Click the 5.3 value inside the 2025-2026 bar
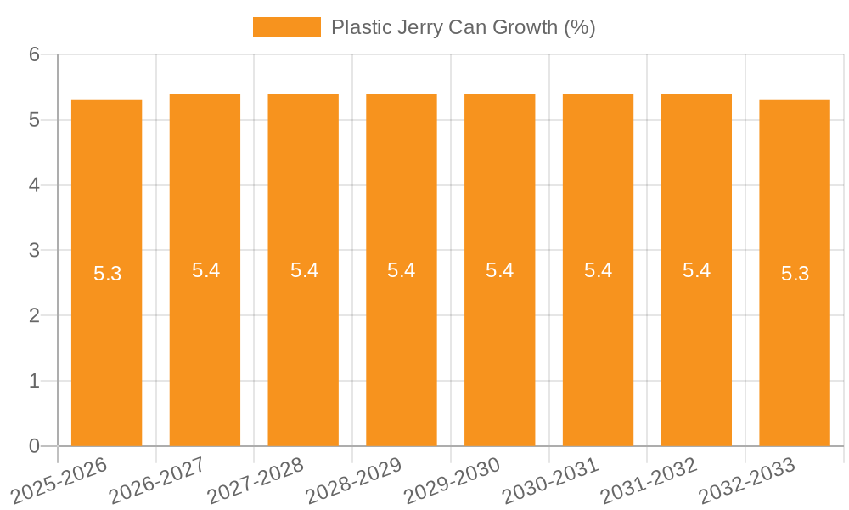pyautogui.click(x=107, y=274)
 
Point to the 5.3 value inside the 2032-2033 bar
pyautogui.click(x=795, y=274)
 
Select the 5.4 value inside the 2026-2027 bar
pyautogui.click(x=205, y=270)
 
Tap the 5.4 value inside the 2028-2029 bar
pyautogui.click(x=401, y=270)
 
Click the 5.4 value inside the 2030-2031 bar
pyautogui.click(x=598, y=270)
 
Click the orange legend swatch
pyautogui.click(x=286, y=27)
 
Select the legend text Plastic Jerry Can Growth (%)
pyautogui.click(x=463, y=27)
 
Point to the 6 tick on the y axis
pyautogui.click(x=34, y=54)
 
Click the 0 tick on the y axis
pyautogui.click(x=34, y=446)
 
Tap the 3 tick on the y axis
pyautogui.click(x=34, y=250)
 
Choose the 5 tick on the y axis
pyautogui.click(x=34, y=120)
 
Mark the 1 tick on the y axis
pyautogui.click(x=34, y=381)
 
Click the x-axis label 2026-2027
pyautogui.click(x=157, y=480)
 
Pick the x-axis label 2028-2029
pyautogui.click(x=354, y=480)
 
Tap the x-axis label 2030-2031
pyautogui.click(x=550, y=480)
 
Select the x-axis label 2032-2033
pyautogui.click(x=747, y=480)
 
